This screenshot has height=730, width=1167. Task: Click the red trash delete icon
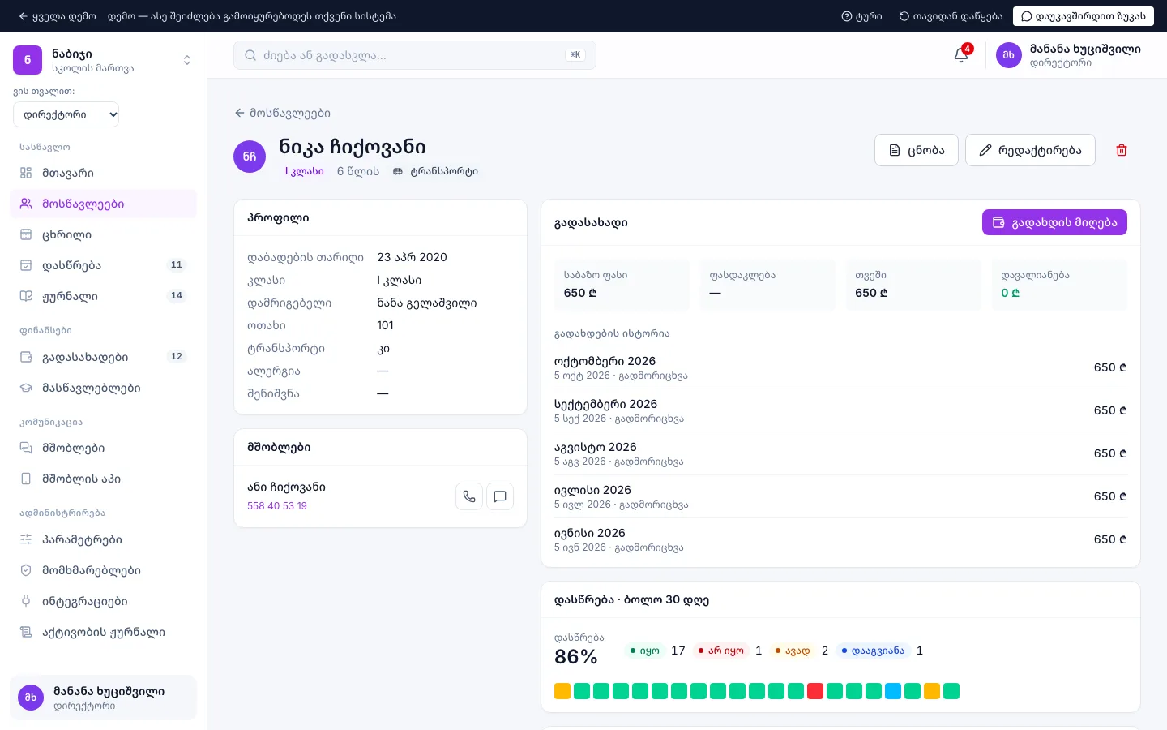(1121, 150)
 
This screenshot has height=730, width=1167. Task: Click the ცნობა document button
(916, 150)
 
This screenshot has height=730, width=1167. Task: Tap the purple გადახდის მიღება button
(1054, 222)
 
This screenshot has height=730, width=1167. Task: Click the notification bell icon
(961, 55)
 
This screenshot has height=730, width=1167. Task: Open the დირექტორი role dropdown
(66, 114)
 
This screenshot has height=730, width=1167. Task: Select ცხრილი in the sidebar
(66, 234)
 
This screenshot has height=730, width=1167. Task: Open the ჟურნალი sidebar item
(70, 296)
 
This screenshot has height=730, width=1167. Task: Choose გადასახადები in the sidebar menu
(85, 357)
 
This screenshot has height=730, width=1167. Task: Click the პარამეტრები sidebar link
(83, 539)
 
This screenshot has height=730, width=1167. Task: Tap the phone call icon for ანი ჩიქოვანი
(469, 496)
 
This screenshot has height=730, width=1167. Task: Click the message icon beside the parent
(499, 496)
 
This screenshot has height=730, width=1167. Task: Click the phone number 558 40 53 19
(277, 506)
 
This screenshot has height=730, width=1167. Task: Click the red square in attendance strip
(814, 691)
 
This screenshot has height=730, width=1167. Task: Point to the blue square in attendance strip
(892, 691)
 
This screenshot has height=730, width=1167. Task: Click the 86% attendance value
(575, 656)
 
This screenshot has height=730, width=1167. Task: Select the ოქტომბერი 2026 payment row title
(605, 361)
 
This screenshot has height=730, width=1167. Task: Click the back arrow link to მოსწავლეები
(282, 113)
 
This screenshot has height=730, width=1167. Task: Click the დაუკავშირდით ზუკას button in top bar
(1083, 16)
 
